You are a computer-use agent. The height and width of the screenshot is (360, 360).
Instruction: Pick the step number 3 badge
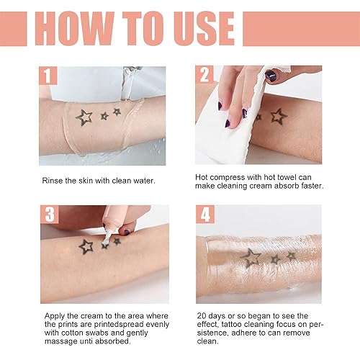click(x=49, y=215)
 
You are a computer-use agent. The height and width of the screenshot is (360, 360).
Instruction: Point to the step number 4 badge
click(x=206, y=215)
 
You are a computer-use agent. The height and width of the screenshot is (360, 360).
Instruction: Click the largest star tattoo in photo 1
click(x=85, y=118)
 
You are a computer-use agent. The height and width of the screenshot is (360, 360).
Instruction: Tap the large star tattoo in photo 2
click(x=279, y=115)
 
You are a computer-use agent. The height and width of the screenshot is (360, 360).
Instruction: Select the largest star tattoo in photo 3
click(x=86, y=246)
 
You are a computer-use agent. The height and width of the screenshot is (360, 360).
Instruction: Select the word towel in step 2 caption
click(x=277, y=176)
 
